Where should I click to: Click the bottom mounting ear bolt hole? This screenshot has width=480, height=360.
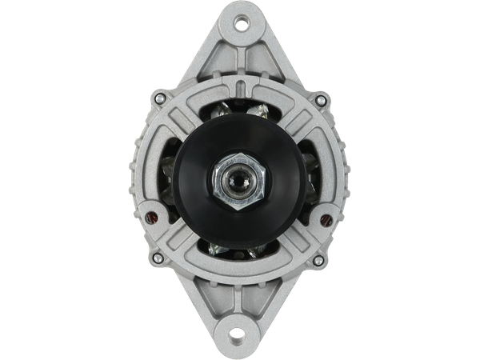click(240, 330)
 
